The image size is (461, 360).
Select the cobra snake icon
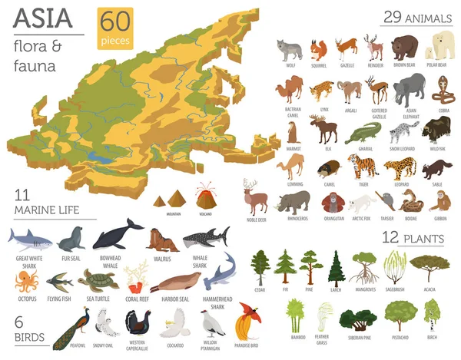coord(440,91)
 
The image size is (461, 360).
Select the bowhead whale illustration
coord(118,235)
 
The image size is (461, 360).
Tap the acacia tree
coord(429,268)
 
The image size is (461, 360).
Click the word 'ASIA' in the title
coord(38,15)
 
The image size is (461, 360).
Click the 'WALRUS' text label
coord(163,259)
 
